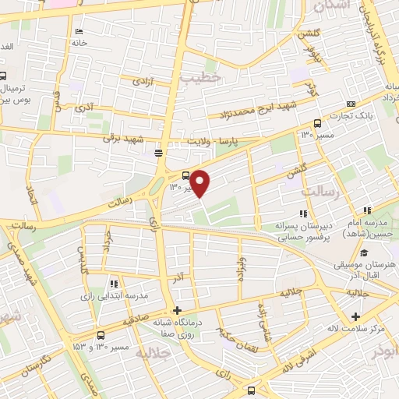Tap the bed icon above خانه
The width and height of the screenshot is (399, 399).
click(79, 31)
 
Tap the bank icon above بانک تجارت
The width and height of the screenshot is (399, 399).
click(351, 104)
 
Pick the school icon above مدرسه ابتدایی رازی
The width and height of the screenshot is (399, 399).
click(114, 284)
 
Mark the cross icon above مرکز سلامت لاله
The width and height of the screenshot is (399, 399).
click(356, 316)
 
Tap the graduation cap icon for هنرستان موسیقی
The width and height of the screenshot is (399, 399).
click(363, 252)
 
